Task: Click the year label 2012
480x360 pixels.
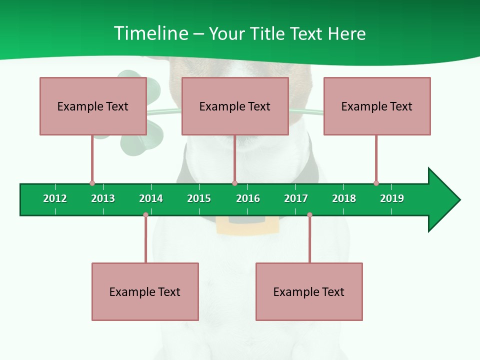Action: [55, 198]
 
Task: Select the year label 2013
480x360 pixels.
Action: [103, 198]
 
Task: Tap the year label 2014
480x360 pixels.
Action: [151, 198]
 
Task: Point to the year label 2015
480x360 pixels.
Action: [199, 198]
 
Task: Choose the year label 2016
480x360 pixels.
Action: [248, 198]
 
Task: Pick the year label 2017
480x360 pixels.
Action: [296, 198]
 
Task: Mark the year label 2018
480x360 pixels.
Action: [344, 198]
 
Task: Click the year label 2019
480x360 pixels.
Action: [392, 198]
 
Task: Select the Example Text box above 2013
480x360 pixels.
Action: [93, 106]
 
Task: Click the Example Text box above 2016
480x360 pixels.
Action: [235, 106]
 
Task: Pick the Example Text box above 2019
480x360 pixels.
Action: [377, 106]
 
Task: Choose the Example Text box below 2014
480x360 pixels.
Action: [145, 291]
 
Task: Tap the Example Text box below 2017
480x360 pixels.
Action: [309, 291]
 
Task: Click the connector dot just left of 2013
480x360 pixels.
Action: [92, 183]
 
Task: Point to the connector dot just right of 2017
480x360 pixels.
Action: [309, 215]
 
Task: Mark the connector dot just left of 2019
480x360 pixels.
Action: [376, 183]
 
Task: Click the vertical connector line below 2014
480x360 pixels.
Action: [145, 240]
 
